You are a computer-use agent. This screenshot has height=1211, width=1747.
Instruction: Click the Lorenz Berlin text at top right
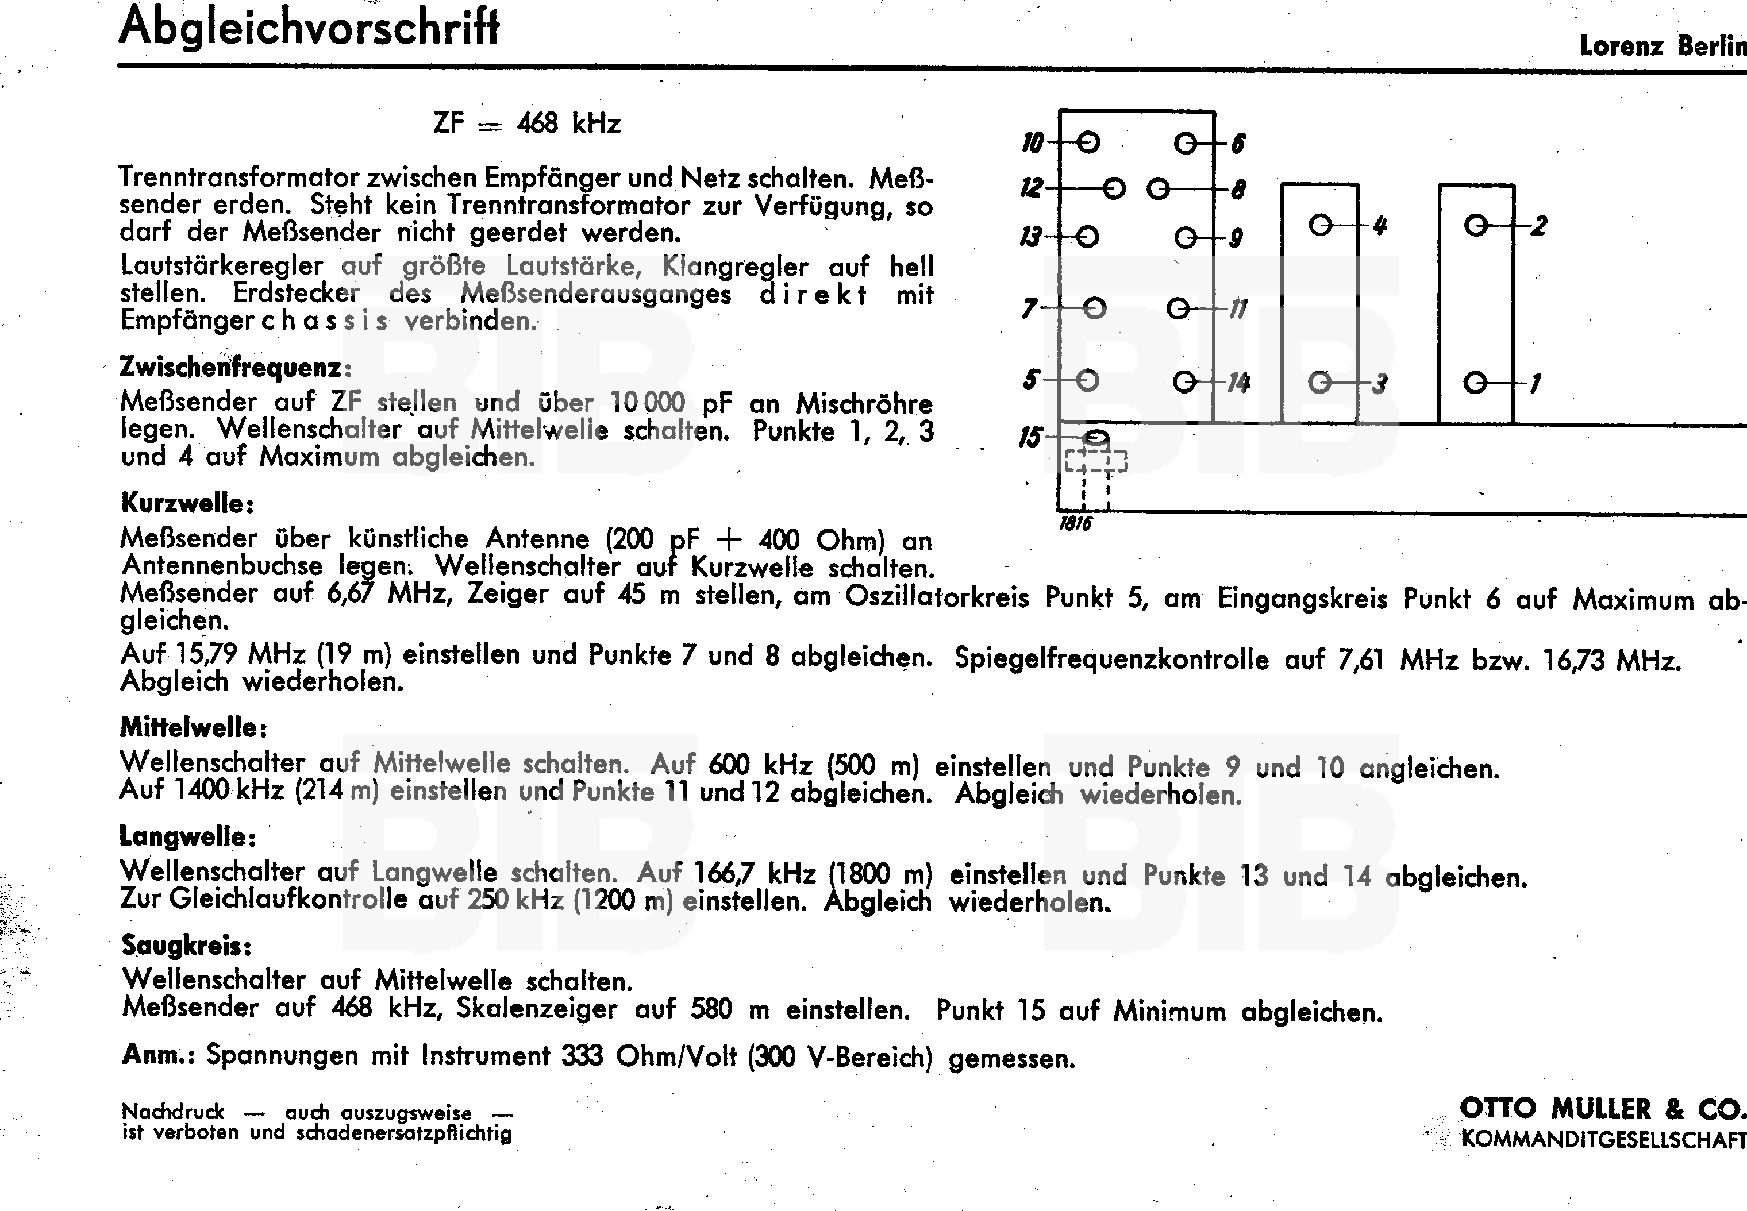[x=1662, y=47]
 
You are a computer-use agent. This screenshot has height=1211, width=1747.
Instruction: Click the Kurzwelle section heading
[x=187, y=503]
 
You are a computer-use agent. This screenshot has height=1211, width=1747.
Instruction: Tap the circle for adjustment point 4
[x=1321, y=225]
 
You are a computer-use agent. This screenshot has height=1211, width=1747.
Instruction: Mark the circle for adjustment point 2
[x=1476, y=225]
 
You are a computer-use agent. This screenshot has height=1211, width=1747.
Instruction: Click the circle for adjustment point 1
[x=1475, y=383]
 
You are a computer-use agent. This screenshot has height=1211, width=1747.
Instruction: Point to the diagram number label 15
[x=1030, y=438]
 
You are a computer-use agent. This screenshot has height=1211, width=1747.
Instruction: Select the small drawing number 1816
[x=1075, y=523]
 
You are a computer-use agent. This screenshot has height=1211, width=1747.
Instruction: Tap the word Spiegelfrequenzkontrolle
[x=1111, y=658]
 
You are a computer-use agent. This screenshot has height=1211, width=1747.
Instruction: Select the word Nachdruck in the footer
[x=173, y=1112]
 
